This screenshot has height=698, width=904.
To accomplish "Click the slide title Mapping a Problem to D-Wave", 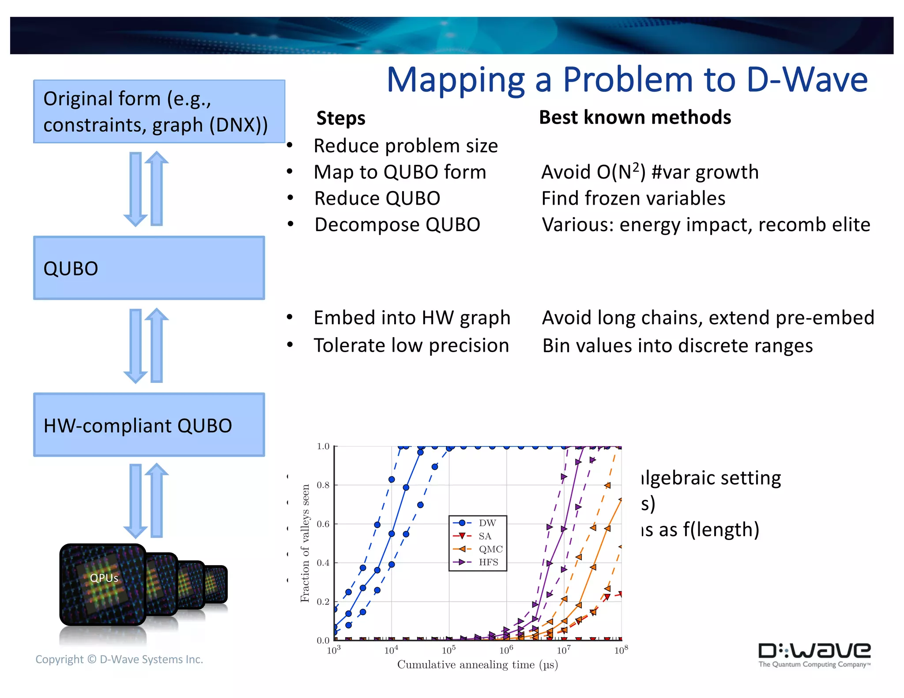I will [627, 80].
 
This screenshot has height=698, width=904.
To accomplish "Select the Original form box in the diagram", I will [159, 112].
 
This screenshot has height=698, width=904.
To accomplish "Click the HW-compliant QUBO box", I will [149, 425].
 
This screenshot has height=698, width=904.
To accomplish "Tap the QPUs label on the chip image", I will [104, 578].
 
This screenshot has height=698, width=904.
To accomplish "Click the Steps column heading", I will [341, 118].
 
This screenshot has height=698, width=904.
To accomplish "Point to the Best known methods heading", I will [635, 117].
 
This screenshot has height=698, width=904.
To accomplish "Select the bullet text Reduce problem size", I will [406, 146].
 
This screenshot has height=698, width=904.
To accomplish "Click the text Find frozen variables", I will [633, 199].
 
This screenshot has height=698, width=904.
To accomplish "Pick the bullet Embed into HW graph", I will [411, 318].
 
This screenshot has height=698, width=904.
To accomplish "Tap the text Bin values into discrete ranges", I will [677, 345].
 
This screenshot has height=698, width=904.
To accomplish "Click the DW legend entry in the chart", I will [486, 523].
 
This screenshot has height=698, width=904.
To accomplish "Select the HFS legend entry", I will [488, 562].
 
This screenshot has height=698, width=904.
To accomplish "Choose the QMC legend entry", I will [490, 549].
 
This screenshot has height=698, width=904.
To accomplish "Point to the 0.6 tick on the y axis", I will [323, 524].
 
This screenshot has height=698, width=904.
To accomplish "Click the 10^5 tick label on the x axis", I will [448, 650].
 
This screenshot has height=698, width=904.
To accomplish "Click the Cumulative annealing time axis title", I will [478, 665].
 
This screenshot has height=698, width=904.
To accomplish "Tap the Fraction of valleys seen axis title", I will [305, 543].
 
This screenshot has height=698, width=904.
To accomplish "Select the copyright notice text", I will [119, 659].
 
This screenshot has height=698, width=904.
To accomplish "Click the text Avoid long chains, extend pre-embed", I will [708, 318].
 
